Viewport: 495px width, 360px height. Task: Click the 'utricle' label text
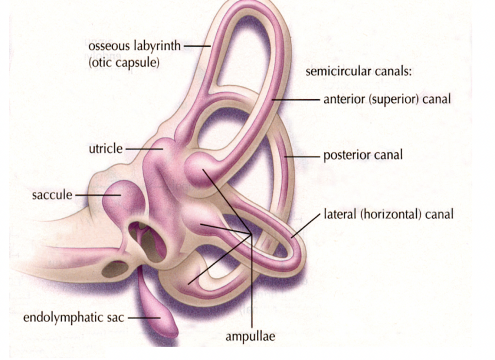105,149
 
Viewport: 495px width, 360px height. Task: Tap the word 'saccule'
52,195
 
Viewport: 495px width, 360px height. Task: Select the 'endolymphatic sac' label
73,318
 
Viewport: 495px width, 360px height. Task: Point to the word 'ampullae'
250,336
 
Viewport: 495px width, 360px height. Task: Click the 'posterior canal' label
363,155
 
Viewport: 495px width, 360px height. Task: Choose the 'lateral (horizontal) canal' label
389,214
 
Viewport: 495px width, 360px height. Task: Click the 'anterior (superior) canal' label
387,99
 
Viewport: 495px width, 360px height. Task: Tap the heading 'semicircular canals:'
358,71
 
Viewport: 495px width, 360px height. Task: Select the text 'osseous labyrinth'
134,46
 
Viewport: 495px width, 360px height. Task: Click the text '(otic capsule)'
124,62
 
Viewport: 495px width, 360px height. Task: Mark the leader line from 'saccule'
98,195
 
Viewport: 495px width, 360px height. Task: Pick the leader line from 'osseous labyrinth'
197,46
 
